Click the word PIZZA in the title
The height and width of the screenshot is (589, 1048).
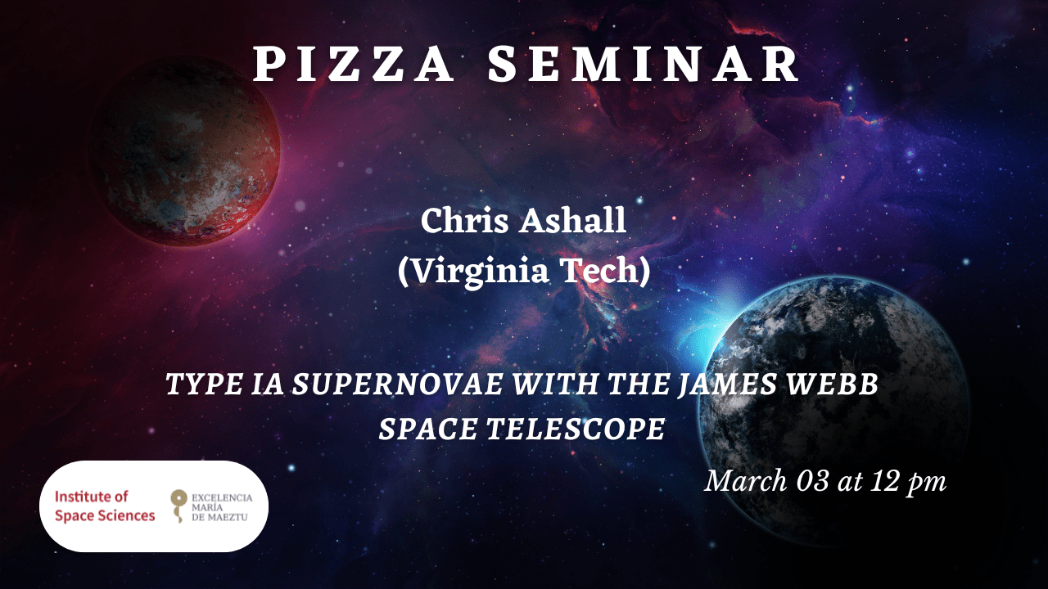[x=354, y=65]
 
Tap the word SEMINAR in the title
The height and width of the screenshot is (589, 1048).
[x=644, y=65]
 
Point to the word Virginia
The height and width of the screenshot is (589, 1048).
[x=473, y=271]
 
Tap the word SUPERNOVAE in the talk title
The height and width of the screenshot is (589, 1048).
[x=398, y=384]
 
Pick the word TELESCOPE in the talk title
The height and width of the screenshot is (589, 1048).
[x=576, y=429]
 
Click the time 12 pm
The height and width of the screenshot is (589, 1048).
[x=909, y=482]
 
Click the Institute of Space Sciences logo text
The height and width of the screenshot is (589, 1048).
[x=105, y=506]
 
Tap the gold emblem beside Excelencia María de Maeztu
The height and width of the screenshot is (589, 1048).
[x=178, y=506]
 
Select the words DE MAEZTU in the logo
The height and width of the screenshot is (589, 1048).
[x=219, y=517]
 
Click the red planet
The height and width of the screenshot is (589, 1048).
[x=185, y=151]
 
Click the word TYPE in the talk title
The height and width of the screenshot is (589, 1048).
[x=204, y=384]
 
